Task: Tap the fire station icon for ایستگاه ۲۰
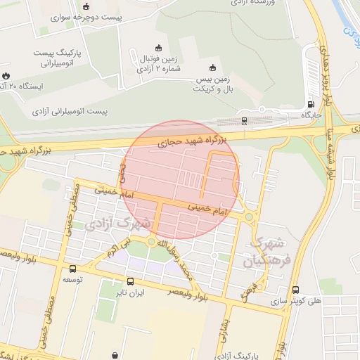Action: (x=6, y=75)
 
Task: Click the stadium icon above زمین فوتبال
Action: (x=158, y=48)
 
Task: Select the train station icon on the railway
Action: (x=244, y=121)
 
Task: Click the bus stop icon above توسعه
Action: (x=72, y=269)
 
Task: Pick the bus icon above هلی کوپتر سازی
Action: (x=295, y=289)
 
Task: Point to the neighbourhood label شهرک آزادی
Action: (x=118, y=225)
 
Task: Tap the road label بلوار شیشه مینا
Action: (x=328, y=151)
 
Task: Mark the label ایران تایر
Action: (x=130, y=292)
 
